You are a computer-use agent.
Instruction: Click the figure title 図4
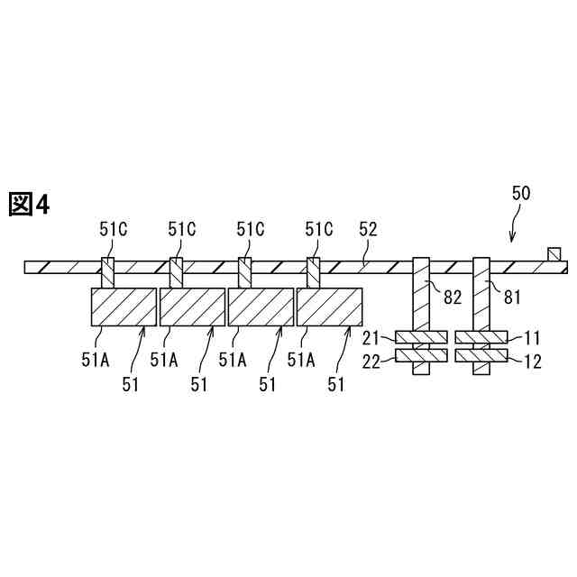(x=29, y=205)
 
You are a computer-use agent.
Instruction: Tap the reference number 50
(x=521, y=193)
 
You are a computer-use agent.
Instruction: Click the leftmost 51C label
(x=113, y=229)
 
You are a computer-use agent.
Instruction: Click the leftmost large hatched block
(x=124, y=307)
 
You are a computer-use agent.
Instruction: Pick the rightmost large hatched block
(x=329, y=307)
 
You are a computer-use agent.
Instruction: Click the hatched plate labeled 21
(x=421, y=338)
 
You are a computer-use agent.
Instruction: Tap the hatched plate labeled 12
(x=482, y=356)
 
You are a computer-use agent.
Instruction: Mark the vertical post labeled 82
(x=422, y=298)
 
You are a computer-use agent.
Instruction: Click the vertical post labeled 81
(x=482, y=298)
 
